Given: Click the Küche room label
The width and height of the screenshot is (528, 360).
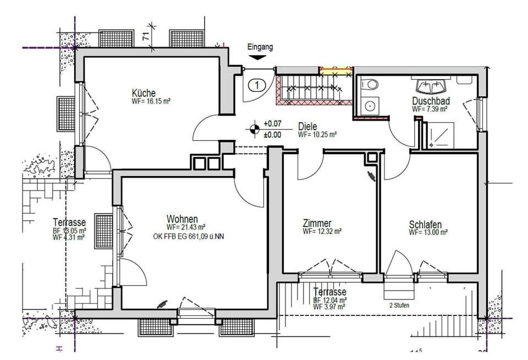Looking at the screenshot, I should point(144,92).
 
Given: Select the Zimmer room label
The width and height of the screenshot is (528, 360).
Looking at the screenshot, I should point(317,223).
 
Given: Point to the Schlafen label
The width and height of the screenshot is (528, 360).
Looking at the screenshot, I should point(425,225).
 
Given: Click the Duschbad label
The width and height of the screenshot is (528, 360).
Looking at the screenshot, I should point(431,101).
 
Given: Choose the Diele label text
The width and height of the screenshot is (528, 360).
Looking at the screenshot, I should point(308,126).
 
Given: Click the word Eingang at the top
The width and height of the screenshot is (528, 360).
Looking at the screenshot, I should point(260,47).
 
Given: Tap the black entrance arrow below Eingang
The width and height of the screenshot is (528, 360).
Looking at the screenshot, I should point(257,57).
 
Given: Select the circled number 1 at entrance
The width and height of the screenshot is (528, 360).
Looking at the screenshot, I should point(257,85).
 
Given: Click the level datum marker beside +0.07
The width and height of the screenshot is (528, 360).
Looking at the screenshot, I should point(254,129).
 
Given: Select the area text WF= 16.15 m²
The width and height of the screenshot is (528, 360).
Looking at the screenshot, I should point(151,102).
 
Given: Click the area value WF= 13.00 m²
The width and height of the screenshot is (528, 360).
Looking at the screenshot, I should point(428,233).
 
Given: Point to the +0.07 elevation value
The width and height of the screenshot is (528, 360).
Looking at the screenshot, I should point(272,124).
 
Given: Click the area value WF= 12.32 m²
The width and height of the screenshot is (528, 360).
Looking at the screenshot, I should point(322,232).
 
